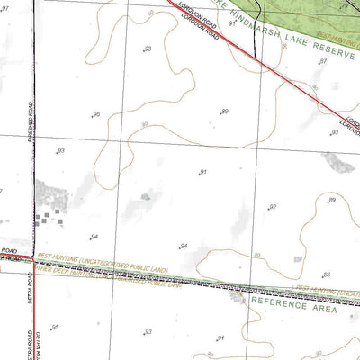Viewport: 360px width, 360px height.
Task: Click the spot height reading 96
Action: pos(96,114)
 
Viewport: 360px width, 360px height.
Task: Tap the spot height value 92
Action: pos(273,207)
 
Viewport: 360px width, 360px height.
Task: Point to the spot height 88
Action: pos(326,274)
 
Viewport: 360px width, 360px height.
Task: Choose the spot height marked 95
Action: pos(56,327)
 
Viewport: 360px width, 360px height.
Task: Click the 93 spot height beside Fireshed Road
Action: pos(61,150)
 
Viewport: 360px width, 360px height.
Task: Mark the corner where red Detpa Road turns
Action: pos(34,258)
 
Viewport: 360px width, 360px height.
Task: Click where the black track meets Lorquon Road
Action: pos(257,42)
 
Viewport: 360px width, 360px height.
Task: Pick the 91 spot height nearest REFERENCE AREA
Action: pos(220,338)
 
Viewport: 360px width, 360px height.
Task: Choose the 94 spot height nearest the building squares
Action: pos(94,237)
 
